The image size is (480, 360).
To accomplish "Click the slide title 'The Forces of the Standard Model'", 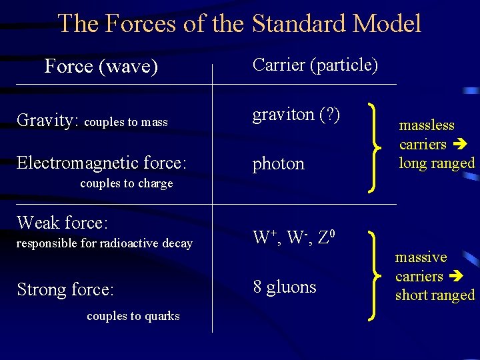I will click(x=239, y=24).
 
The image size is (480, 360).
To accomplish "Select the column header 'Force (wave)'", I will click(x=101, y=66).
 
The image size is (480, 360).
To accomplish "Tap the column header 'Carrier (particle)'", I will click(x=315, y=65).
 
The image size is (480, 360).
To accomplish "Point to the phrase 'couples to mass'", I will click(x=127, y=122).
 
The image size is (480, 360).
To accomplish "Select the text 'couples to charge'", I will click(x=126, y=183).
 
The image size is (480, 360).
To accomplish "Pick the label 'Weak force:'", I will click(x=62, y=222).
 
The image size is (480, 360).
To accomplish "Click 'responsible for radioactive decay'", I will click(x=104, y=243).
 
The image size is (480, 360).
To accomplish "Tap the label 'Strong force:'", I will click(x=65, y=289).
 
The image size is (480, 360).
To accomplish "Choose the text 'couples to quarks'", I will click(x=133, y=316).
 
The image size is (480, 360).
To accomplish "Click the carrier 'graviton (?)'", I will click(x=296, y=115).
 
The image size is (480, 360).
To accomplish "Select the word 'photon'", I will click(x=278, y=164).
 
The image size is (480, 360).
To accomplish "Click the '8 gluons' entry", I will click(x=284, y=287).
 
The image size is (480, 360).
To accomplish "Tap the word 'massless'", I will click(x=427, y=125).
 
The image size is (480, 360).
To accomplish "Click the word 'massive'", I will click(x=421, y=257).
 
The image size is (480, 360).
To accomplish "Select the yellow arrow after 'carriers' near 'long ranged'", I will click(x=459, y=144).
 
